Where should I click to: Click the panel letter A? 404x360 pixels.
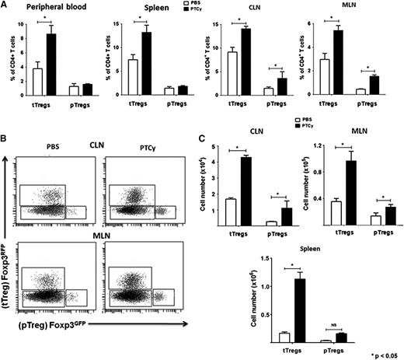[6, 6]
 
